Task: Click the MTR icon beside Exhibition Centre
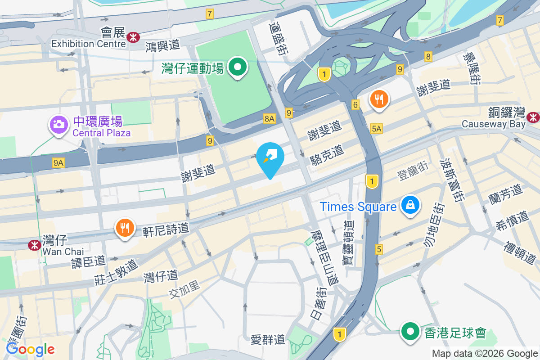coord(133,37)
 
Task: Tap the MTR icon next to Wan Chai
coord(34,245)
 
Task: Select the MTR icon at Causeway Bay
coord(534,117)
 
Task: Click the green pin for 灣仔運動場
coord(238,68)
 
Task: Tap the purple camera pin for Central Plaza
coord(59,124)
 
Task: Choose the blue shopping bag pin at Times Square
coord(410,206)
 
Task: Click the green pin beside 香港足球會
coord(410,332)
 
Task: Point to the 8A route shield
coord(269,118)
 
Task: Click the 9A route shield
coord(58,163)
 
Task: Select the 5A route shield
coord(377,129)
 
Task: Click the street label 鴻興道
coord(162,45)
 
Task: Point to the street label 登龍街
coord(412,171)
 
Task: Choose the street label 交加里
coord(184,289)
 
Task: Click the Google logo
coord(31,349)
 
